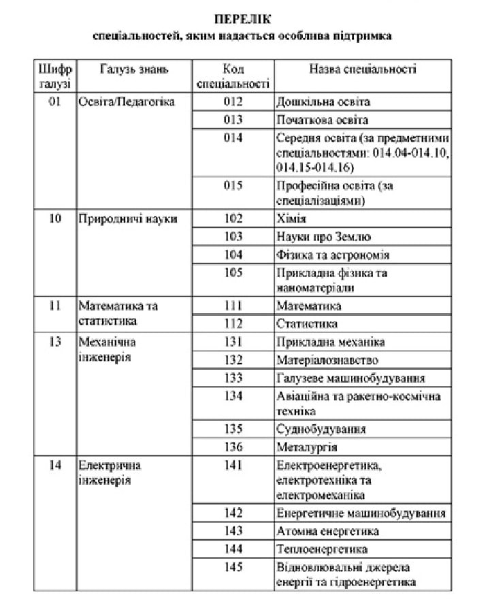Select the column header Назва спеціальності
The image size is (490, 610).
(x=363, y=69)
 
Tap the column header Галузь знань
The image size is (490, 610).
(x=133, y=69)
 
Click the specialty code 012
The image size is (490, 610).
(x=233, y=102)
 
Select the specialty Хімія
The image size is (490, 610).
(x=291, y=219)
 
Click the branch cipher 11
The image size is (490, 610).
(x=56, y=306)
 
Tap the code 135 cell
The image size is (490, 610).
(x=233, y=429)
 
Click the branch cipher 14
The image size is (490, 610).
(x=56, y=466)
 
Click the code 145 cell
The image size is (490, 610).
(x=233, y=566)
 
